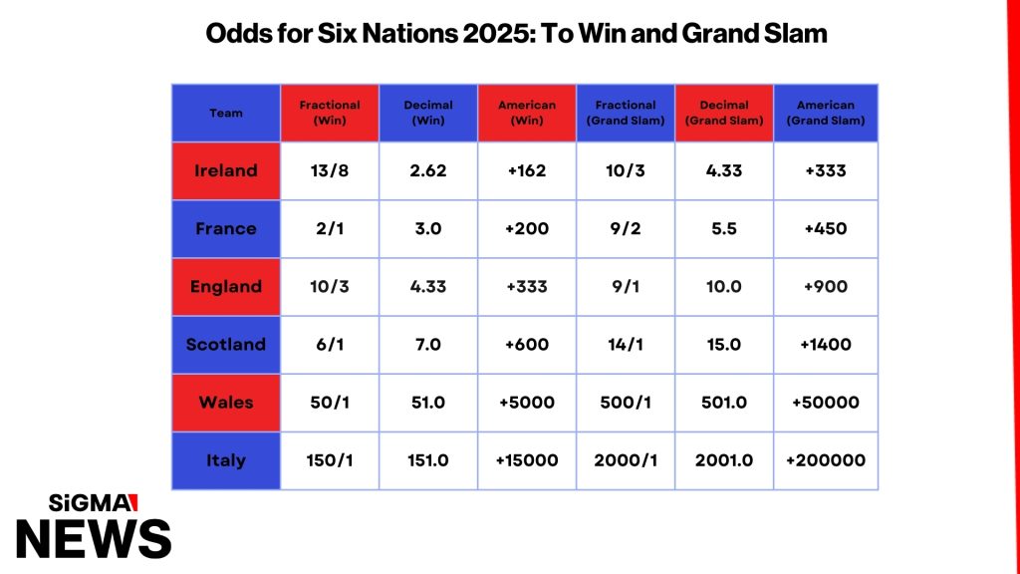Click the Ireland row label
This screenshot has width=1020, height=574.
click(226, 170)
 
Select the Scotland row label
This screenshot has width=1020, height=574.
click(226, 344)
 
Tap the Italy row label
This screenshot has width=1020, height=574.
click(226, 460)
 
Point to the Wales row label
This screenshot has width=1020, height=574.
click(226, 403)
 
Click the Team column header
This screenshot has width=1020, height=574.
click(226, 113)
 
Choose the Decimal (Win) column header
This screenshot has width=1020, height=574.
click(428, 113)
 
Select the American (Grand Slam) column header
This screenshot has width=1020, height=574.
click(826, 113)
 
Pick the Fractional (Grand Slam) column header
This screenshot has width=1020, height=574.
click(626, 113)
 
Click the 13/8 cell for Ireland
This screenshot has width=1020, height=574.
click(330, 170)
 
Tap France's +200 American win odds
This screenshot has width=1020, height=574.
click(527, 228)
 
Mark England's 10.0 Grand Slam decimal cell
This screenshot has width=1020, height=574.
click(724, 286)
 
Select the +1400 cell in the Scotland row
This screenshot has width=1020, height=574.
click(826, 344)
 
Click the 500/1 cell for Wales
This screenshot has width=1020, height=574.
click(626, 403)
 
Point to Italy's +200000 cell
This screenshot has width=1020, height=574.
click(826, 460)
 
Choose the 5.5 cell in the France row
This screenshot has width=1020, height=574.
click(724, 228)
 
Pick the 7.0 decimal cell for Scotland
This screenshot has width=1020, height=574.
click(428, 344)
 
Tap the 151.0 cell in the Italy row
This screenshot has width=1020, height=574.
click(428, 460)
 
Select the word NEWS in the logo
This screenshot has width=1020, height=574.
click(94, 539)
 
